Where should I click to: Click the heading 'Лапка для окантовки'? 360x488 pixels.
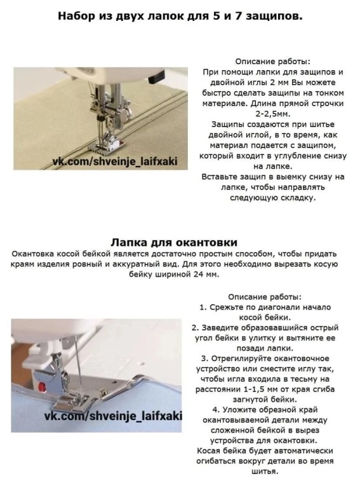(x=174, y=242)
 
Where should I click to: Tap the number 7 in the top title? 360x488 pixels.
(x=238, y=15)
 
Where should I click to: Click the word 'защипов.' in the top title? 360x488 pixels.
(x=274, y=16)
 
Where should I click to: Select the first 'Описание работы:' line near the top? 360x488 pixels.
(x=272, y=61)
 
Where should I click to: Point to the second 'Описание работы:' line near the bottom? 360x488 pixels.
(x=265, y=297)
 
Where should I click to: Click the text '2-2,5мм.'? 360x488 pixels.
(x=272, y=114)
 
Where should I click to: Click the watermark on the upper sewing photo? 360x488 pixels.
(x=115, y=161)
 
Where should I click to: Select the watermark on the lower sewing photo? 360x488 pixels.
(x=113, y=416)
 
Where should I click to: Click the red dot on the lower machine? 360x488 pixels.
(x=41, y=387)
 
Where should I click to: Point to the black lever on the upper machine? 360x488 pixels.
(x=156, y=78)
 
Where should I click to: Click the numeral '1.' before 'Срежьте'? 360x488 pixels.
(x=203, y=307)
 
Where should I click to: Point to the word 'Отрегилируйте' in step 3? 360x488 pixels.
(x=240, y=359)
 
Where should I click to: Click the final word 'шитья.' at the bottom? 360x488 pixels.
(x=265, y=471)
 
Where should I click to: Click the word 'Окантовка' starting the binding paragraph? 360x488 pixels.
(x=32, y=254)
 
